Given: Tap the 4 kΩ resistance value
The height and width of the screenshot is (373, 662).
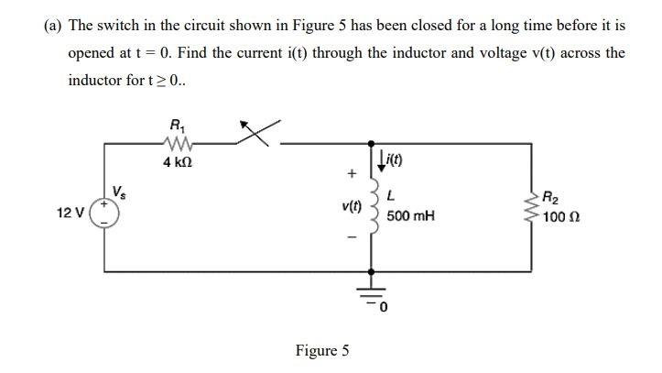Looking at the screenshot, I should pos(176,162).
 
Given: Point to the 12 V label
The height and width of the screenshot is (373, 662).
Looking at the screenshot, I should pos(71,214).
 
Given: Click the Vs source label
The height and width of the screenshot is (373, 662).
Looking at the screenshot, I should pos(118,191).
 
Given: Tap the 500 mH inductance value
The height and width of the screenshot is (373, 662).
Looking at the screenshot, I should pos(409,216).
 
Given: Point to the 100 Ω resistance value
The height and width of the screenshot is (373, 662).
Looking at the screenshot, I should pos(560,217).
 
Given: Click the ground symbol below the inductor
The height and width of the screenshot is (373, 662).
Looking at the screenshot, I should pos(371,295).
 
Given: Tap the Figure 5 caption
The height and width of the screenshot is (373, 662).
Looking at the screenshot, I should pos(321,350).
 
